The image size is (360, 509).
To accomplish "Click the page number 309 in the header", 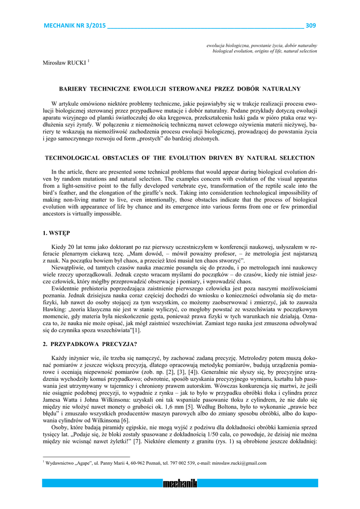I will [x=311, y=26].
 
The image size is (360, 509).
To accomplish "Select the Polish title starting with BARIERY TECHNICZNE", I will [x=180, y=89].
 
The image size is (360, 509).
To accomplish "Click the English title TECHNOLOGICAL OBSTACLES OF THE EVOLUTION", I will [x=180, y=158].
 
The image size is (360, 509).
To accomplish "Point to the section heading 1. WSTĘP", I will [x=56, y=233].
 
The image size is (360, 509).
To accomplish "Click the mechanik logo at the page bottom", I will [x=180, y=483].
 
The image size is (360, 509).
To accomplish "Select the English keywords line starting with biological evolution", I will [x=265, y=51].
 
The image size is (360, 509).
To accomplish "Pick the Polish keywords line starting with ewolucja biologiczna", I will [x=262, y=46].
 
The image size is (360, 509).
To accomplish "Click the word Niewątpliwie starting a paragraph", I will [x=70, y=267].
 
